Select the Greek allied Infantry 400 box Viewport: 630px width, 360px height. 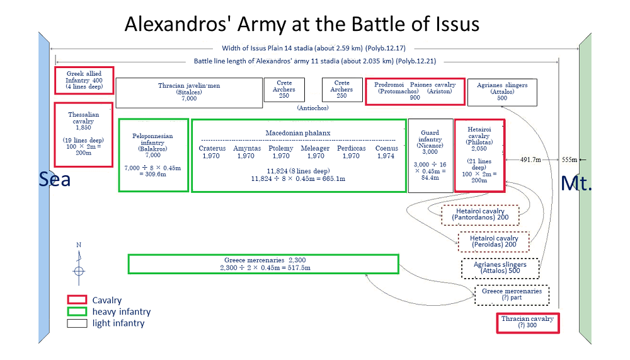[84, 81]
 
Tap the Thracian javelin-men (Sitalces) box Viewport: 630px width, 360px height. [189, 93]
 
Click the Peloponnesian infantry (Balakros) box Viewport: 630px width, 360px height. [153, 155]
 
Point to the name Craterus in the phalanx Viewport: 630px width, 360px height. [212, 148]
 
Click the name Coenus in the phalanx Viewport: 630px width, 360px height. [386, 148]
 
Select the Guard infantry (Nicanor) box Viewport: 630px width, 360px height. [430, 155]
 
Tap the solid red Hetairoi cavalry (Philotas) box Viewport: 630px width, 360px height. [479, 155]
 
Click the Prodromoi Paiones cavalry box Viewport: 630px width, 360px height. [415, 91]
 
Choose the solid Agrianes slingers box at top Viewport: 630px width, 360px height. [502, 91]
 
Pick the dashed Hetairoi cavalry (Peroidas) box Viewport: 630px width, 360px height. [493, 241]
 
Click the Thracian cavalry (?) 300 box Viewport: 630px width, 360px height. [527, 322]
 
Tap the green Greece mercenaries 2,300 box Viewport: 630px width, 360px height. [263, 264]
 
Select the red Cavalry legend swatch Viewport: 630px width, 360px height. [76, 300]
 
